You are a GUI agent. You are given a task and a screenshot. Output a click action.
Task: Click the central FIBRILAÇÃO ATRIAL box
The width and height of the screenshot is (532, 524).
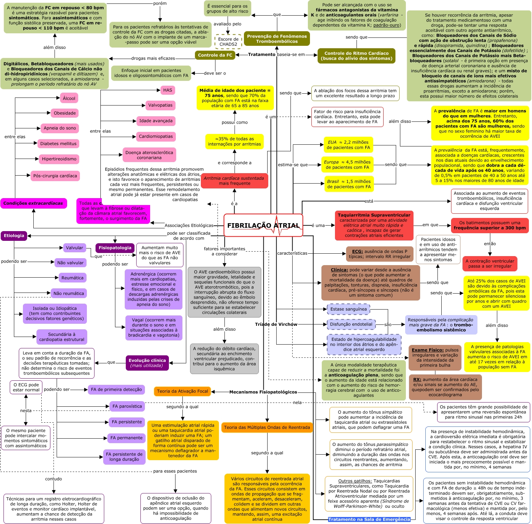[x=263, y=225]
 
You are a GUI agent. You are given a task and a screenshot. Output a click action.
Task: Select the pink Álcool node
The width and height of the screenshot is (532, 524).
[x=69, y=98]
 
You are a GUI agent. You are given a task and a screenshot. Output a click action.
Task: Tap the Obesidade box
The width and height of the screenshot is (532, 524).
[x=65, y=113]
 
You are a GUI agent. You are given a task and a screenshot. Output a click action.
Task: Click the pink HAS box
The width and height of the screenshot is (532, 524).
[x=167, y=90]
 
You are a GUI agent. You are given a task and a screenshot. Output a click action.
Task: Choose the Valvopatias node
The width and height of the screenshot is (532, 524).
[x=160, y=105]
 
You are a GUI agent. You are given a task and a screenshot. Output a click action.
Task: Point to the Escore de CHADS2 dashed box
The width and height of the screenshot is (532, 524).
[x=228, y=42]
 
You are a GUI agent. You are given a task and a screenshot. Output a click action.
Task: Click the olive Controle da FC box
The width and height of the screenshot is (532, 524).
[x=215, y=55]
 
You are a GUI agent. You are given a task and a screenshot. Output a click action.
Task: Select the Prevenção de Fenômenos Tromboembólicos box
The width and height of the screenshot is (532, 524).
[x=277, y=39]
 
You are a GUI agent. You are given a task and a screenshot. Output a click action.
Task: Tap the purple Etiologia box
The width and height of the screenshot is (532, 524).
[x=14, y=236]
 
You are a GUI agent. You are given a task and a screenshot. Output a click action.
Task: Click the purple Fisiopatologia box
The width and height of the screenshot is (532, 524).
[x=115, y=248]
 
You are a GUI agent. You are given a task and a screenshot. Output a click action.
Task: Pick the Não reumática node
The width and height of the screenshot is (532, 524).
[x=68, y=293]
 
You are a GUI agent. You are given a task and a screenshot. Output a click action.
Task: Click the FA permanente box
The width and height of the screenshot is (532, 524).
[x=126, y=438]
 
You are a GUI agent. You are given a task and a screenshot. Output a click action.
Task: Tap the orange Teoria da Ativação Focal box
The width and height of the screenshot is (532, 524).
[x=182, y=391]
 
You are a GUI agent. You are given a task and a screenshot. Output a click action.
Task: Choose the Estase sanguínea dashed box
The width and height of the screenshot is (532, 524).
[x=349, y=309]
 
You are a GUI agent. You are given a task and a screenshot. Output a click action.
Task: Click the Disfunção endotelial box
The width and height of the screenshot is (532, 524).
[x=351, y=324]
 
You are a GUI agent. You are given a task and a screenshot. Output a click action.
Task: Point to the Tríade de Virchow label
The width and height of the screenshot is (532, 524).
[x=276, y=324]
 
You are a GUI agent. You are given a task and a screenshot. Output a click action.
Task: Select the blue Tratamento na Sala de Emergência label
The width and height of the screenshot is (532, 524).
[x=369, y=519]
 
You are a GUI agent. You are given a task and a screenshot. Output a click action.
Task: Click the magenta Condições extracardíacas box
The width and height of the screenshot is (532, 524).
[x=33, y=203]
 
